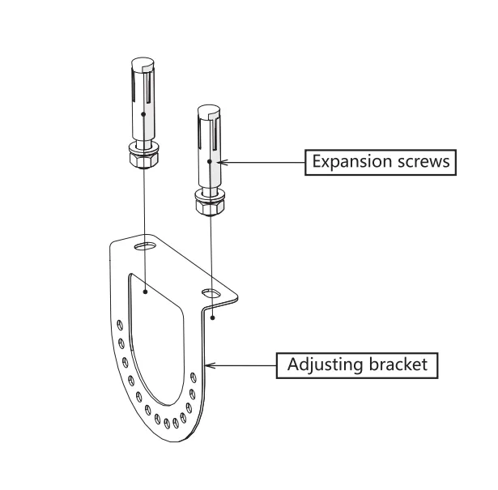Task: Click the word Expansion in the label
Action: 349,162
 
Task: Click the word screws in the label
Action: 420,161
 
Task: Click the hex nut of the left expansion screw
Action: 144,160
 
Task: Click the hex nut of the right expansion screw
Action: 211,208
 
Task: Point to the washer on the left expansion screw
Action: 143,148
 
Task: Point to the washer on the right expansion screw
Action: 210,195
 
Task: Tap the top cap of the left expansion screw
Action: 143,62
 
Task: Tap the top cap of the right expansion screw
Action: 209,110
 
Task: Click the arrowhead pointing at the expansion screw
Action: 222,162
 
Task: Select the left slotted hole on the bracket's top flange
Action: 145,246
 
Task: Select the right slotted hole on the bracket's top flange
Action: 211,293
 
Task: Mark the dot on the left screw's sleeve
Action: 143,114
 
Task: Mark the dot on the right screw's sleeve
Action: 210,161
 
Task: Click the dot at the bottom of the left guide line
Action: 145,292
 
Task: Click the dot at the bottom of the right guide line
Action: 213,317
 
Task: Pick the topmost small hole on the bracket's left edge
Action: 120,325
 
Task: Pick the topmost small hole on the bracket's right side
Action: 193,377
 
